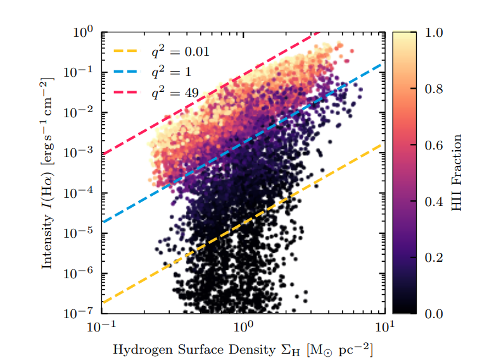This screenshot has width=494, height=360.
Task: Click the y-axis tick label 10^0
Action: click(x=83, y=31)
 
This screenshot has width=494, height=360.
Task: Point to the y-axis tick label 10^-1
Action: click(x=80, y=72)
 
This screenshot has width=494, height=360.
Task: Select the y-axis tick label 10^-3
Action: click(x=80, y=152)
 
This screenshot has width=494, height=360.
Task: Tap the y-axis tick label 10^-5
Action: click(x=80, y=233)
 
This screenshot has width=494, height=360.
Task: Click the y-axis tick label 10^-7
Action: click(x=80, y=313)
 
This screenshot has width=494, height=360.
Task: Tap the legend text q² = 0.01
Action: click(x=179, y=51)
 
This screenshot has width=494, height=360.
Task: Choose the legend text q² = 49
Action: click(x=174, y=93)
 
